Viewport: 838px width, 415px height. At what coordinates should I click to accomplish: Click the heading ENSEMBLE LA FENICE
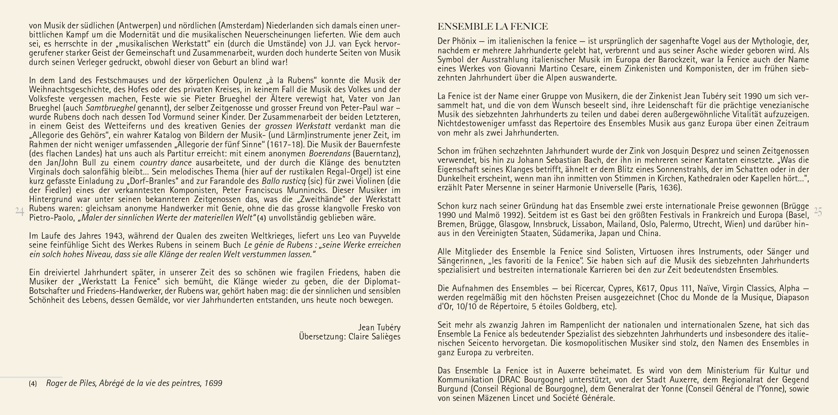pos(493,26)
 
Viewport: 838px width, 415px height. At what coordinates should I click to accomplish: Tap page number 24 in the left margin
pos(20,212)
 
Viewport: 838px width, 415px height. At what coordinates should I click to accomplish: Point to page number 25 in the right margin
pos(818,211)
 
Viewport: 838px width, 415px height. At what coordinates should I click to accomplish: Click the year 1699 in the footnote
pos(213,383)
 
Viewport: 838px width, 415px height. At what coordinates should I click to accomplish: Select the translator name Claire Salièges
pos(374,337)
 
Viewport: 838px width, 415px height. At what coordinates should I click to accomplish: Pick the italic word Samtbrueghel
pos(111,108)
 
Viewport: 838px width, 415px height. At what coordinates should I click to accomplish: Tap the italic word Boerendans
pos(330,153)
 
